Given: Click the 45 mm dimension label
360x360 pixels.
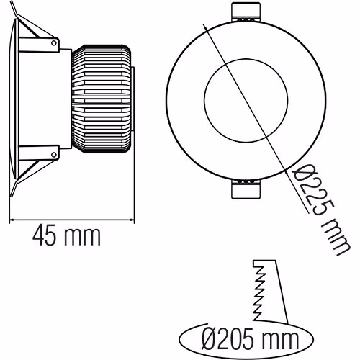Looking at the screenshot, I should [65, 235].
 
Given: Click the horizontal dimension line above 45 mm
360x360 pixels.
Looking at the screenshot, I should [72, 220].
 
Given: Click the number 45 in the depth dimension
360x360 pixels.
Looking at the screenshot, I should [44, 235].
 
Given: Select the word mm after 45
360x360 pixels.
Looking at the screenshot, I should [84, 235].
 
